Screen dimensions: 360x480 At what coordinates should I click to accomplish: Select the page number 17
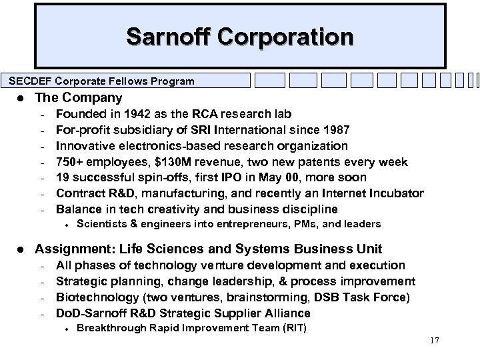pos(435,341)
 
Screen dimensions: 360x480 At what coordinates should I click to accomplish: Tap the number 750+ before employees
pos(71,161)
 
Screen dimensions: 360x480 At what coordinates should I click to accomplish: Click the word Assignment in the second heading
pos(69,249)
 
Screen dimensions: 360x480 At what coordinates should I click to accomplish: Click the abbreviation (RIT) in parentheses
pos(291,327)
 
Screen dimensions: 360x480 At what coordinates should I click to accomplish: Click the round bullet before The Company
pos(23,98)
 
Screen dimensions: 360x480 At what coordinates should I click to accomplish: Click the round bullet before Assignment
pos(23,249)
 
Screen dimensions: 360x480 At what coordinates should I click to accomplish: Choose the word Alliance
pos(288,313)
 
